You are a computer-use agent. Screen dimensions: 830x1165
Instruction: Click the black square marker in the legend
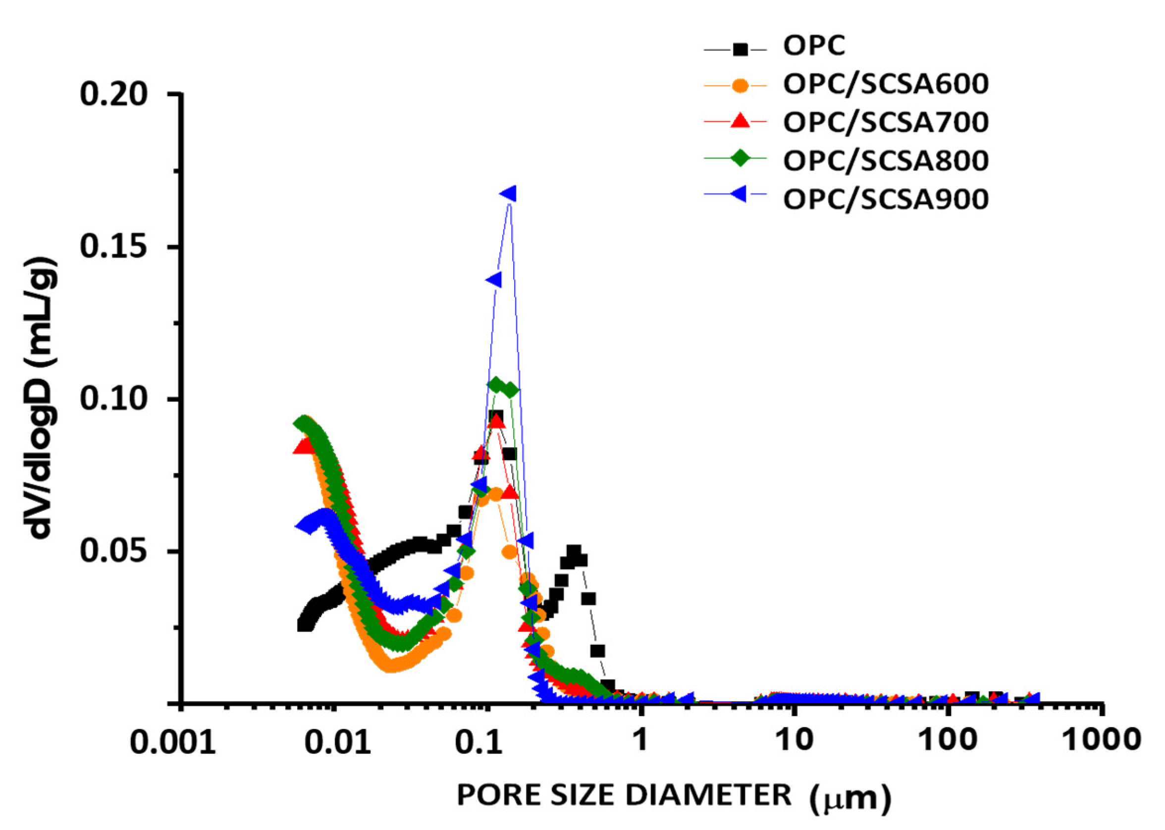click(740, 50)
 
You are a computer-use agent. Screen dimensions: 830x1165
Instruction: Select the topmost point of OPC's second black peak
click(574, 552)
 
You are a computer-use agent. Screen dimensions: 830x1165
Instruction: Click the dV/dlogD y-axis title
click(43, 398)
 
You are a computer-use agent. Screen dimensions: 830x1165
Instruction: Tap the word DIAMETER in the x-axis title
click(708, 796)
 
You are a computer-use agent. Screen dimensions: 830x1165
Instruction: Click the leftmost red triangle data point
click(304, 447)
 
